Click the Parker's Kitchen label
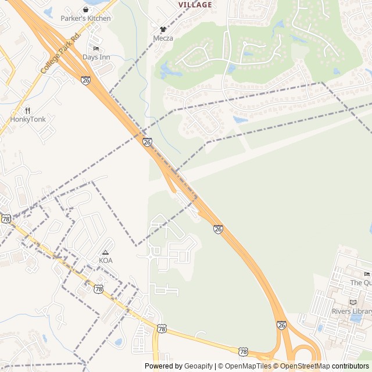pos(85,19)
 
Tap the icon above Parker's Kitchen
pos(86,9)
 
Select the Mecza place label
pos(163,38)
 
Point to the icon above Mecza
pos(163,29)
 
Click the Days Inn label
pos(96,57)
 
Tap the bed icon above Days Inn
pos(96,48)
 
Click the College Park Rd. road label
pos(60,53)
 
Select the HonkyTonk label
pos(27,119)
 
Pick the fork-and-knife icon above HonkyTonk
pos(27,110)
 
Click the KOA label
pos(105,260)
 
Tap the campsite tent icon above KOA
pos(105,252)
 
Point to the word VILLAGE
pos(195,5)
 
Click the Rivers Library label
pos(352,312)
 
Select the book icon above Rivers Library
pos(353,302)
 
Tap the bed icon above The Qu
pos(366,274)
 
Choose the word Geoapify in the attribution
pos(198,366)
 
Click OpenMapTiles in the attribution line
pos(248,366)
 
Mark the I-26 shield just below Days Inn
pos(86,80)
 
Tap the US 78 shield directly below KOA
pos(98,289)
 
